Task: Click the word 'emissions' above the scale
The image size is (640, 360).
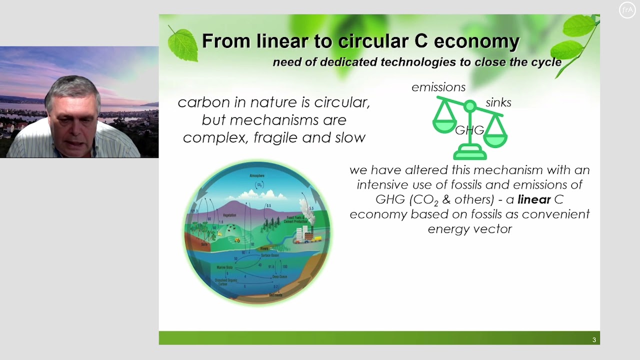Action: [438, 87]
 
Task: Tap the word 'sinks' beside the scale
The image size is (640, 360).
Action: [498, 103]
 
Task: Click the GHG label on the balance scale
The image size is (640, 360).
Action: [469, 130]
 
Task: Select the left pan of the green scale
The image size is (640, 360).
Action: [444, 125]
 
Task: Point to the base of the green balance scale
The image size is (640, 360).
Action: [469, 153]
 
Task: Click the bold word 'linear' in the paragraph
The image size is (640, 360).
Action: [533, 199]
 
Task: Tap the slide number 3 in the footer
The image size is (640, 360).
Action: [594, 340]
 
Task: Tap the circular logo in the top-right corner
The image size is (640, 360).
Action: [627, 10]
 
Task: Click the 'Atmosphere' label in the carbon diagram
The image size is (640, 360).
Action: [257, 176]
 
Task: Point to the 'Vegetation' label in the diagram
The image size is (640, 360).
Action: [229, 215]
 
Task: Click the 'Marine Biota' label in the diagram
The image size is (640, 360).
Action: [224, 267]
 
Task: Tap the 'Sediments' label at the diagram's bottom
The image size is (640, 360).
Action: [275, 295]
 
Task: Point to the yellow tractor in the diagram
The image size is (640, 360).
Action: [237, 240]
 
